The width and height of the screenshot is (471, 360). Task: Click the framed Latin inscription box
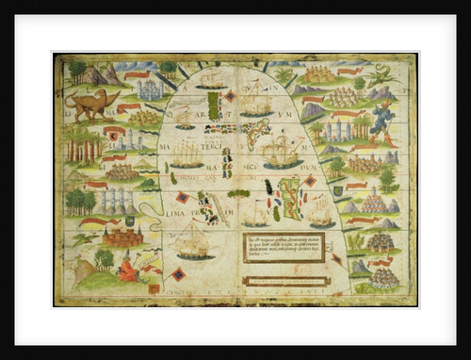tap(283, 247)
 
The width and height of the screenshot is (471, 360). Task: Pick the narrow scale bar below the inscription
tap(284, 280)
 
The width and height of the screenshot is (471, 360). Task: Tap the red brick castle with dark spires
tap(122, 234)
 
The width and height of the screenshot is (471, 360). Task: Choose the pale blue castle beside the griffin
tap(149, 90)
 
